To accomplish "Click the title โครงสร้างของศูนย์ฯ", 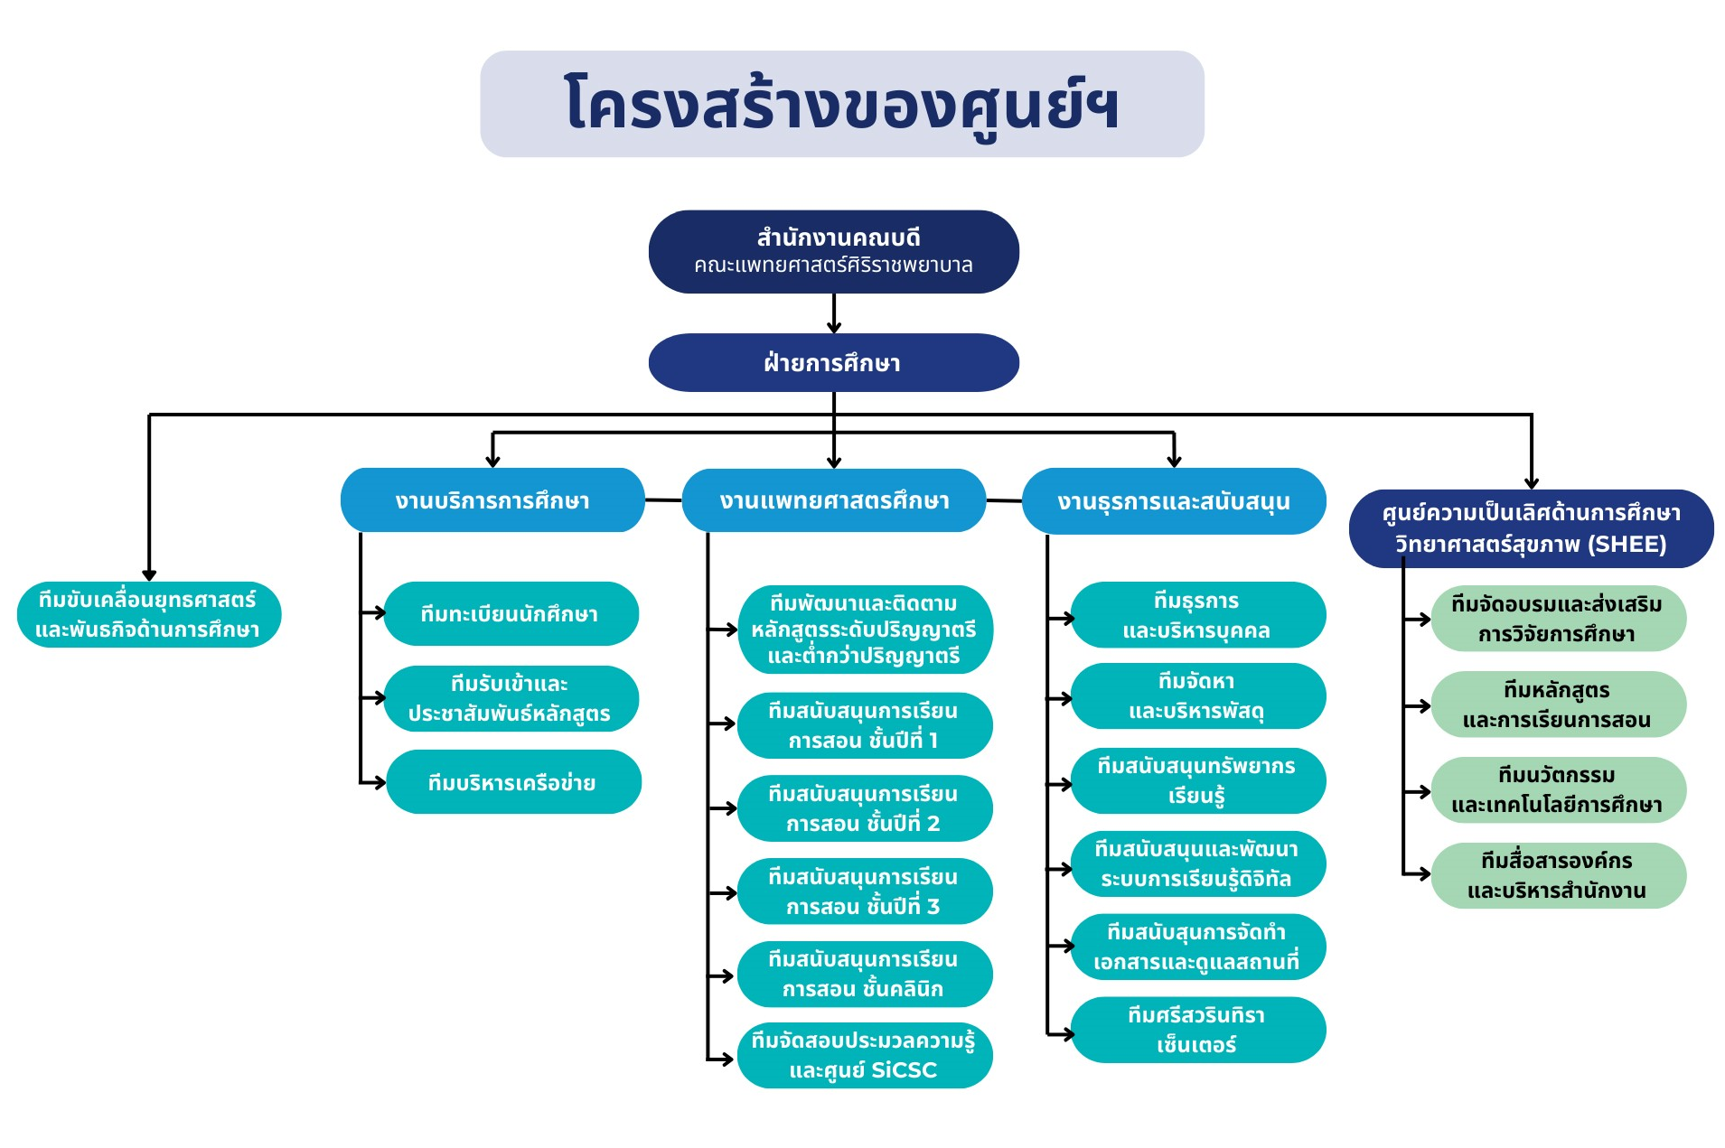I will [x=841, y=104].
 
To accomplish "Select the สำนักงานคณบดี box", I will [x=833, y=251].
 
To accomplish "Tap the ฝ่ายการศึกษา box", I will [x=833, y=362].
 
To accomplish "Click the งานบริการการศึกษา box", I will [x=492, y=500].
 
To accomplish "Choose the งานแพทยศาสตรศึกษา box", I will [x=833, y=500].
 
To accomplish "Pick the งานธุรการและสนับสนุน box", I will [x=1173, y=501].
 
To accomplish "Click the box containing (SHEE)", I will [x=1531, y=528].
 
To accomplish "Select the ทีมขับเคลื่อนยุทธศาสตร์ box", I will [x=148, y=614].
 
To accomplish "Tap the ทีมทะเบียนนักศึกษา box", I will [x=511, y=614].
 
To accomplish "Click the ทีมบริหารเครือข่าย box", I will [x=512, y=782].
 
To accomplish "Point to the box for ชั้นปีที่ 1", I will [x=864, y=725].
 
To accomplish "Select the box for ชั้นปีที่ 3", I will [x=864, y=891].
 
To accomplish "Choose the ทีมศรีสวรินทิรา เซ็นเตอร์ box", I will [x=1197, y=1030].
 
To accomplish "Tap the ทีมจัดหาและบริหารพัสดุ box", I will [x=1197, y=696].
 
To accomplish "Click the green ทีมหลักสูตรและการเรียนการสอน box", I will [x=1558, y=705].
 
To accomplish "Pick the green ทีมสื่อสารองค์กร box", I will [x=1558, y=875].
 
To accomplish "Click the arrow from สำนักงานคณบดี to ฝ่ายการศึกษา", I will [x=834, y=314].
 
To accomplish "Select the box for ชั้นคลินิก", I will [x=864, y=974].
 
